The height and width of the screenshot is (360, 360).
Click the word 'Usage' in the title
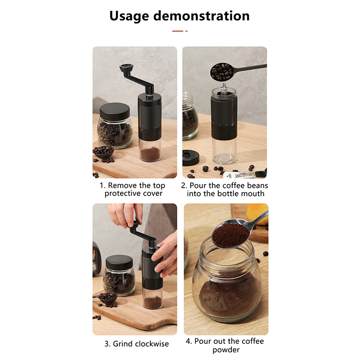[129, 16]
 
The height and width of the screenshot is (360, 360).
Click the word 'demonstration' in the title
[201, 16]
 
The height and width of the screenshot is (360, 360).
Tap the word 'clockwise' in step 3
[152, 344]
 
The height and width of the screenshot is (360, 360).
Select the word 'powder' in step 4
[226, 350]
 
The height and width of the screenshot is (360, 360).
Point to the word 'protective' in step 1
[123, 193]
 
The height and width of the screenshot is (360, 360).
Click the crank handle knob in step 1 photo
[126, 68]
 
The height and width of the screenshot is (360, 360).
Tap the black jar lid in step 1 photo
[115, 112]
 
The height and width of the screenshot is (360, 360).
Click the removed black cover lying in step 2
[190, 157]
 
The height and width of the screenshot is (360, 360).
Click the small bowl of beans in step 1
[103, 152]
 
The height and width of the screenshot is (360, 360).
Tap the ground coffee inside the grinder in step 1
[150, 154]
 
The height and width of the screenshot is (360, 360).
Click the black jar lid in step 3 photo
[119, 262]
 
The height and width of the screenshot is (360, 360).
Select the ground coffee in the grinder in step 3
[153, 302]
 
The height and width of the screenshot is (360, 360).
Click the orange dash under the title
[178, 31]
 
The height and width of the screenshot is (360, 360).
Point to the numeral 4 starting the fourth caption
[188, 342]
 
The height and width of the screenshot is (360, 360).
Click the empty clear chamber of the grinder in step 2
[224, 150]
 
